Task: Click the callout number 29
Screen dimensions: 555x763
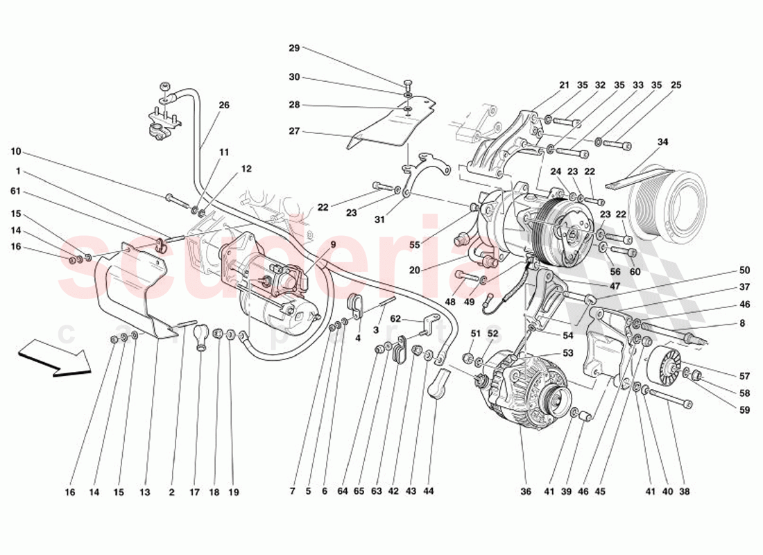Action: click(x=294, y=48)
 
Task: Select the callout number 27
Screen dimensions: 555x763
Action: click(x=294, y=131)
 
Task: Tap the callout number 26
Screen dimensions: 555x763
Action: click(x=223, y=105)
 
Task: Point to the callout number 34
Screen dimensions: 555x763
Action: click(x=662, y=142)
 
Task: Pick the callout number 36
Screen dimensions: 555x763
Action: click(x=526, y=492)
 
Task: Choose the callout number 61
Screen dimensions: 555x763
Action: click(x=15, y=191)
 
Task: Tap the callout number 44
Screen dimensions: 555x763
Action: click(x=429, y=492)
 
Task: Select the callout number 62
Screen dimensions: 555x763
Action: click(x=395, y=319)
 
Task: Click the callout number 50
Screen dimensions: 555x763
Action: click(x=744, y=270)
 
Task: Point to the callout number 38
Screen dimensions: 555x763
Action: click(x=684, y=492)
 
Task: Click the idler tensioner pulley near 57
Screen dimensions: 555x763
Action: click(x=666, y=366)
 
